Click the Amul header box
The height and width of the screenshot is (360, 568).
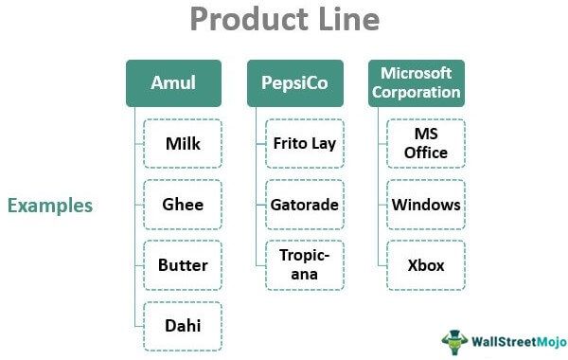[x=173, y=83]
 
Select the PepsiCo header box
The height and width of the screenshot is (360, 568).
[x=294, y=83]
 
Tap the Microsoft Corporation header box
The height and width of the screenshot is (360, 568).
[x=416, y=83]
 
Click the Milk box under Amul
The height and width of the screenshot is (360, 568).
[x=183, y=144]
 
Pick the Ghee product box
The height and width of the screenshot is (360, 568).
[x=183, y=205]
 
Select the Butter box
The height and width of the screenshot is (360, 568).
[x=183, y=265]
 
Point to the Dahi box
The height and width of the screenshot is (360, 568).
[x=183, y=326]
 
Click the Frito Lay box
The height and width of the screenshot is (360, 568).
[x=304, y=144]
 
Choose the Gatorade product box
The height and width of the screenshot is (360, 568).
[x=304, y=205]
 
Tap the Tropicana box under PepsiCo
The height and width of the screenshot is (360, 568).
[x=304, y=265]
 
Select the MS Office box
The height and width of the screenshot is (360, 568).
[x=425, y=144]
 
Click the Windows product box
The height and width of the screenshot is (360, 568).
[x=425, y=205]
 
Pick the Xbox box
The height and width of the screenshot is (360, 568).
[x=425, y=265]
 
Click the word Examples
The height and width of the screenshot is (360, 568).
[x=50, y=206]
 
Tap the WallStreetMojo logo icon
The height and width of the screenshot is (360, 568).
[x=455, y=338]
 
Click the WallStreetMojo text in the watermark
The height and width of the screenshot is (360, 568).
[x=516, y=339]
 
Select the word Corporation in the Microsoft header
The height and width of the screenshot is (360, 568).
[x=416, y=93]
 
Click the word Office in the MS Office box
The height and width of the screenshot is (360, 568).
[x=425, y=153]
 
